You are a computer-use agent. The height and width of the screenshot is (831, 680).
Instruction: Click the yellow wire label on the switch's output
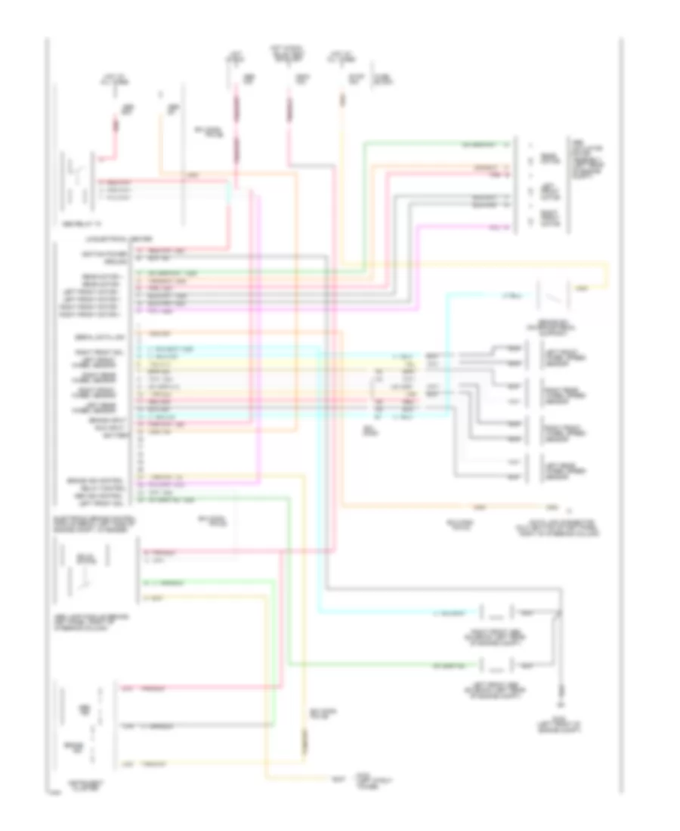(x=582, y=289)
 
